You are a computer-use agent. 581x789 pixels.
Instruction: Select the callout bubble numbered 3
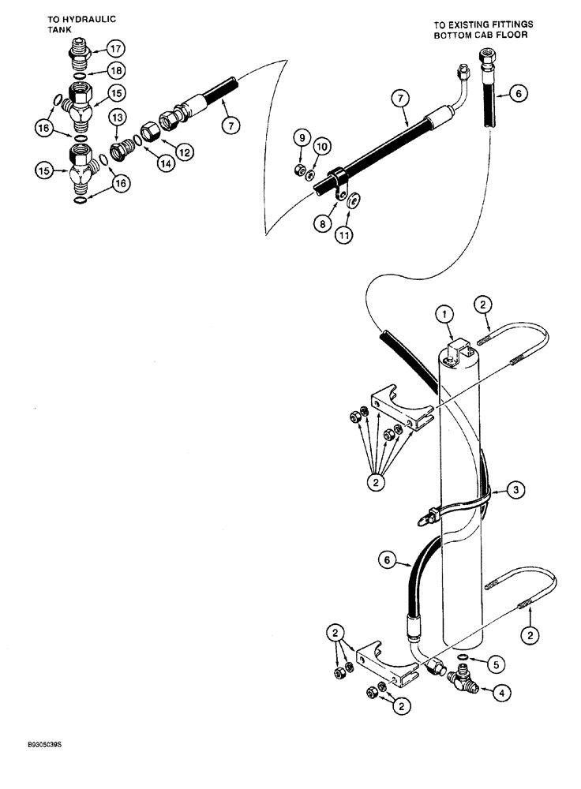513,491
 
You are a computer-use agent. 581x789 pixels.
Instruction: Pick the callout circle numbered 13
117,118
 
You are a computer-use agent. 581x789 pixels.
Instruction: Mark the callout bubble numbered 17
116,47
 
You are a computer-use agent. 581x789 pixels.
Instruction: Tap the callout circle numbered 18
116,69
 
